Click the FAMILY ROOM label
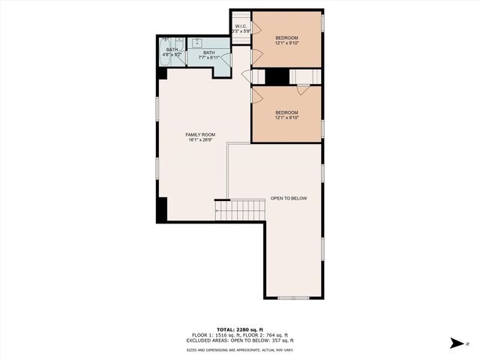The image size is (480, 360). [200, 134]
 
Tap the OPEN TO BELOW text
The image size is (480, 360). [289, 198]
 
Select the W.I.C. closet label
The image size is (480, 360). [240, 27]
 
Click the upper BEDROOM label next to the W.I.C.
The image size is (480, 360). [286, 37]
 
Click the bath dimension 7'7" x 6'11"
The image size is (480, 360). [210, 58]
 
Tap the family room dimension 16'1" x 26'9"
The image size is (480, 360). [200, 140]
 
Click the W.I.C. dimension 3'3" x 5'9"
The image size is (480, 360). [240, 32]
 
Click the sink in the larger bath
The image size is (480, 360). [199, 43]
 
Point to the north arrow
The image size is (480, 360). [455, 343]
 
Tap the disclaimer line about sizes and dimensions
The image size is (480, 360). [240, 350]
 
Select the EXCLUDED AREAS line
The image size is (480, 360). [240, 341]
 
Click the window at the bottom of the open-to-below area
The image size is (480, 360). [293, 298]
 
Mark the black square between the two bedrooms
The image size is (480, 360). [278, 76]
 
